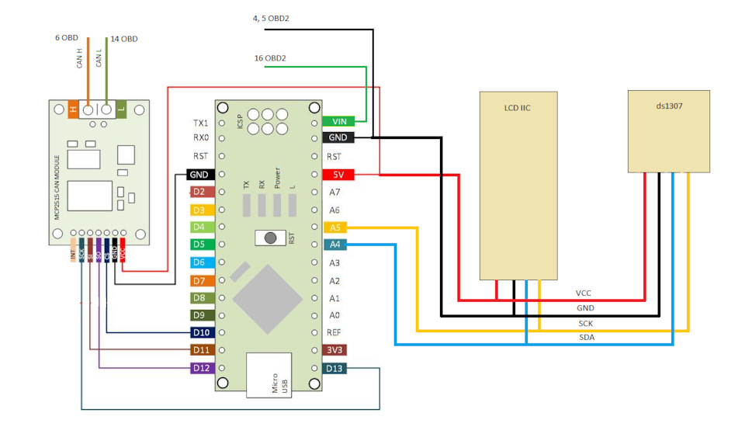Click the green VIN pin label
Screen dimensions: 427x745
(339, 121)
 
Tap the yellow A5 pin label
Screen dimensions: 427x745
(334, 227)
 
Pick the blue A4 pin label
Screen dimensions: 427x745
(334, 245)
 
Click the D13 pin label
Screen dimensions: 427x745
(334, 368)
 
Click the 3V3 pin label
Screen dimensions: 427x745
(334, 350)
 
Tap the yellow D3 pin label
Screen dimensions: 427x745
(199, 210)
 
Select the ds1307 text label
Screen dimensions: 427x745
(668, 101)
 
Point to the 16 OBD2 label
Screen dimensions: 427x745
(270, 58)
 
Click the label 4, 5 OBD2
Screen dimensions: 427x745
(271, 18)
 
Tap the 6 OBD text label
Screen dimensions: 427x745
(67, 37)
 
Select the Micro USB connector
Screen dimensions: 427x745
(269, 376)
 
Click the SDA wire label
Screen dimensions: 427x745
(586, 337)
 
